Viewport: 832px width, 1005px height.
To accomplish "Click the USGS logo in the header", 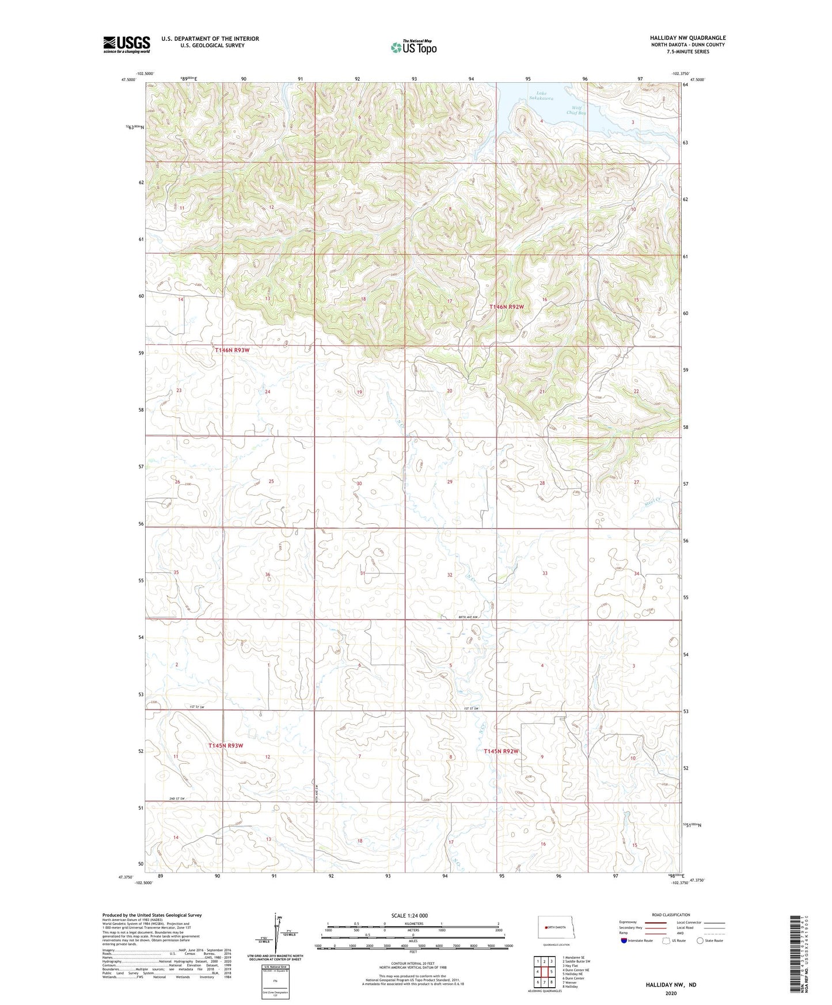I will point(127,44).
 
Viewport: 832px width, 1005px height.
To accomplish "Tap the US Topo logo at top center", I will point(413,47).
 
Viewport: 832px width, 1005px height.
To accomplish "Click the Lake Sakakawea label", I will point(544,96).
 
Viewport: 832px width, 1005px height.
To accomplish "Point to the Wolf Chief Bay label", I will point(576,111).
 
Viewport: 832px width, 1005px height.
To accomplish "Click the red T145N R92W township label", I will point(501,751).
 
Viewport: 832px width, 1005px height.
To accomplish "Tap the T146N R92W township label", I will point(507,307).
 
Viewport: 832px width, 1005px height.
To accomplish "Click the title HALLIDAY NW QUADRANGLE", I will point(688,38).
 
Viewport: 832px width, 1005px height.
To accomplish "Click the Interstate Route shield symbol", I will point(624,941).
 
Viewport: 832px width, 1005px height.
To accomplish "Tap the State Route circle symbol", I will point(700,941).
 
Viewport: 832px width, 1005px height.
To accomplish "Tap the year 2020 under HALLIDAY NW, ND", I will point(671,993).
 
